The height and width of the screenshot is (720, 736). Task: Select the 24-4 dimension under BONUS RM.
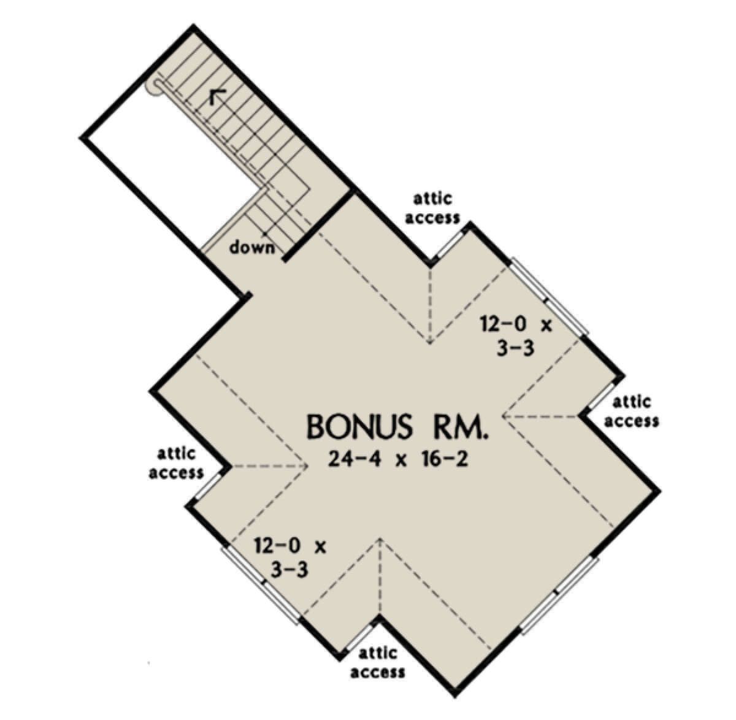point(354,459)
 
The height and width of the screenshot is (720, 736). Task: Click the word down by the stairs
point(253,248)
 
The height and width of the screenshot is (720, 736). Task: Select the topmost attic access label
point(433,209)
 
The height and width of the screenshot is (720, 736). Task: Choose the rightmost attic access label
point(631,412)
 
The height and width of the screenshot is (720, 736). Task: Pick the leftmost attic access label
point(176,463)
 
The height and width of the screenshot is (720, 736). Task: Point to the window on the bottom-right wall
point(559,593)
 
